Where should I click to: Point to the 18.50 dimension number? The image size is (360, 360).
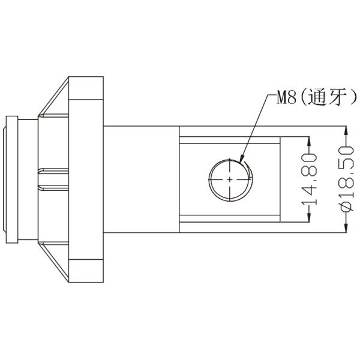click(346, 171)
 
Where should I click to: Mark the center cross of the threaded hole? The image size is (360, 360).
click(230, 179)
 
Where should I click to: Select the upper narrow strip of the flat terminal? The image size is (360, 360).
click(230, 140)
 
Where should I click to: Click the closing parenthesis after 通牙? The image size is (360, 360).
click(353, 98)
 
